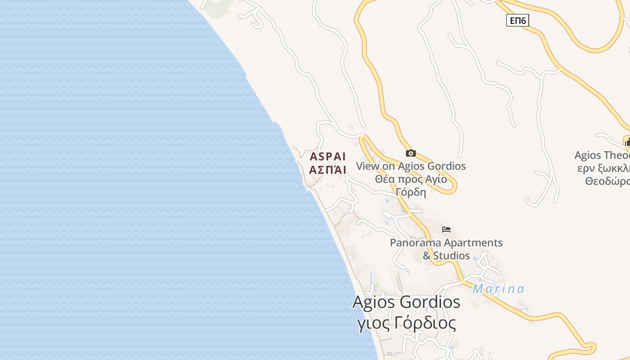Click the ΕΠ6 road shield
517,20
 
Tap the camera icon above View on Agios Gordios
410,153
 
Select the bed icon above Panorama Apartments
446,229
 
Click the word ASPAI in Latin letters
328,157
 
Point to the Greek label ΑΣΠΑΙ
328,170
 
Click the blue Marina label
498,289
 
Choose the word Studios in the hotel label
451,256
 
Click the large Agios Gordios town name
406,302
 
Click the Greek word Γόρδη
411,192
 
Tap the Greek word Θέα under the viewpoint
386,179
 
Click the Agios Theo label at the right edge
602,155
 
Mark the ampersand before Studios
427,256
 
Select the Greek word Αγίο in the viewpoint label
436,179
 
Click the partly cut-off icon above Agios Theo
627,142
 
